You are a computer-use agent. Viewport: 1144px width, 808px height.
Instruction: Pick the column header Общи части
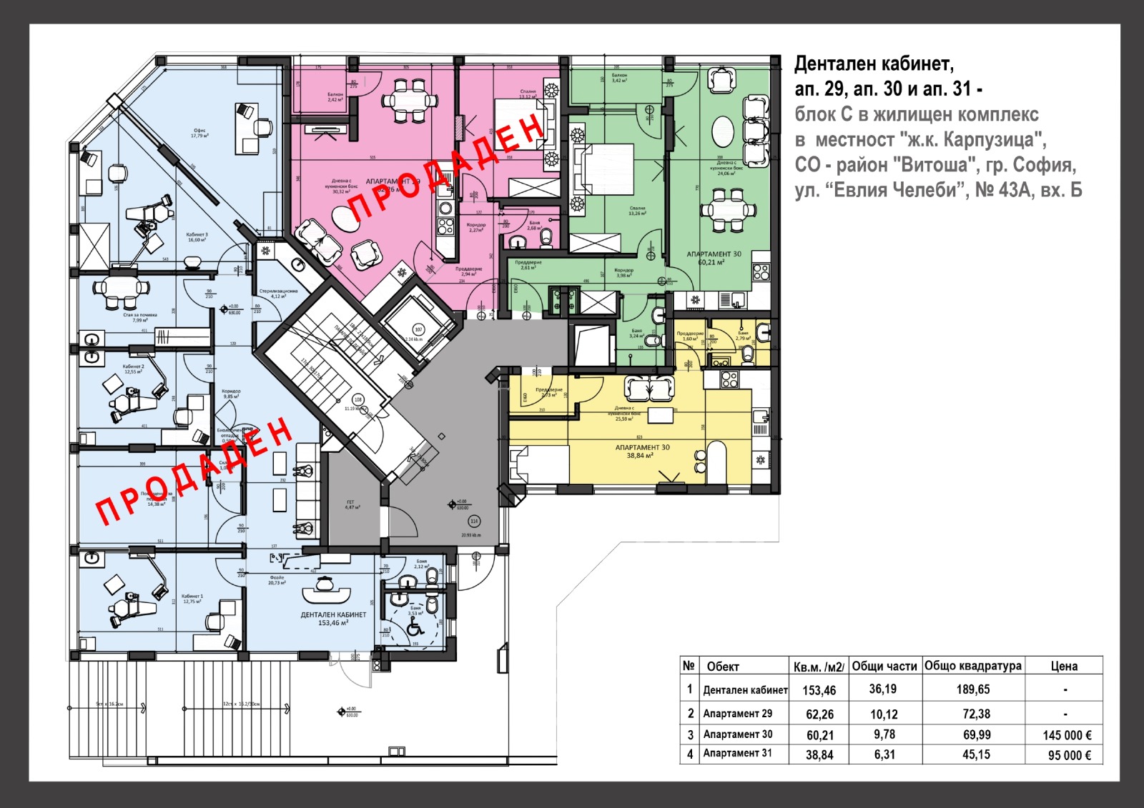pyautogui.click(x=884, y=666)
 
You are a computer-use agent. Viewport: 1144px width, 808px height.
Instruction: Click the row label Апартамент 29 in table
pyautogui.click(x=737, y=714)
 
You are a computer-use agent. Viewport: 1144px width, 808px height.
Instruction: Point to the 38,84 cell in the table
pyautogui.click(x=819, y=755)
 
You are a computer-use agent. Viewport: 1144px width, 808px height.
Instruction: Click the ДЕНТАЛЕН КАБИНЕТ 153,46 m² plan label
pyautogui.click(x=333, y=619)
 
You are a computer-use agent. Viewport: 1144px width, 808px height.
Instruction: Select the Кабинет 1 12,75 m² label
pyautogui.click(x=192, y=599)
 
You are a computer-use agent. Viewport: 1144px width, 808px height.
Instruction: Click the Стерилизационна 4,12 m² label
pyautogui.click(x=279, y=294)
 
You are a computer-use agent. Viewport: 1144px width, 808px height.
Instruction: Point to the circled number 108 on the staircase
pyautogui.click(x=358, y=400)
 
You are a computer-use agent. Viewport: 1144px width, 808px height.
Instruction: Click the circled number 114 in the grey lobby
pyautogui.click(x=473, y=522)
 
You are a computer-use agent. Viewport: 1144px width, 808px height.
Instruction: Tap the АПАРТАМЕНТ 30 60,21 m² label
pyautogui.click(x=714, y=258)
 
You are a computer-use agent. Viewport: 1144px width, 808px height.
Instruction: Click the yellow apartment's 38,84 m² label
pyautogui.click(x=642, y=452)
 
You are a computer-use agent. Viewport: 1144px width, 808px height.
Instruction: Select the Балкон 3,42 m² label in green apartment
pyautogui.click(x=619, y=78)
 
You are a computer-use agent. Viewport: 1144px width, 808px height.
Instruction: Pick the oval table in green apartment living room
pyautogui.click(x=723, y=131)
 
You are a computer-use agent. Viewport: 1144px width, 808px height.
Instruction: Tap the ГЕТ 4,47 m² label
pyautogui.click(x=350, y=504)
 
